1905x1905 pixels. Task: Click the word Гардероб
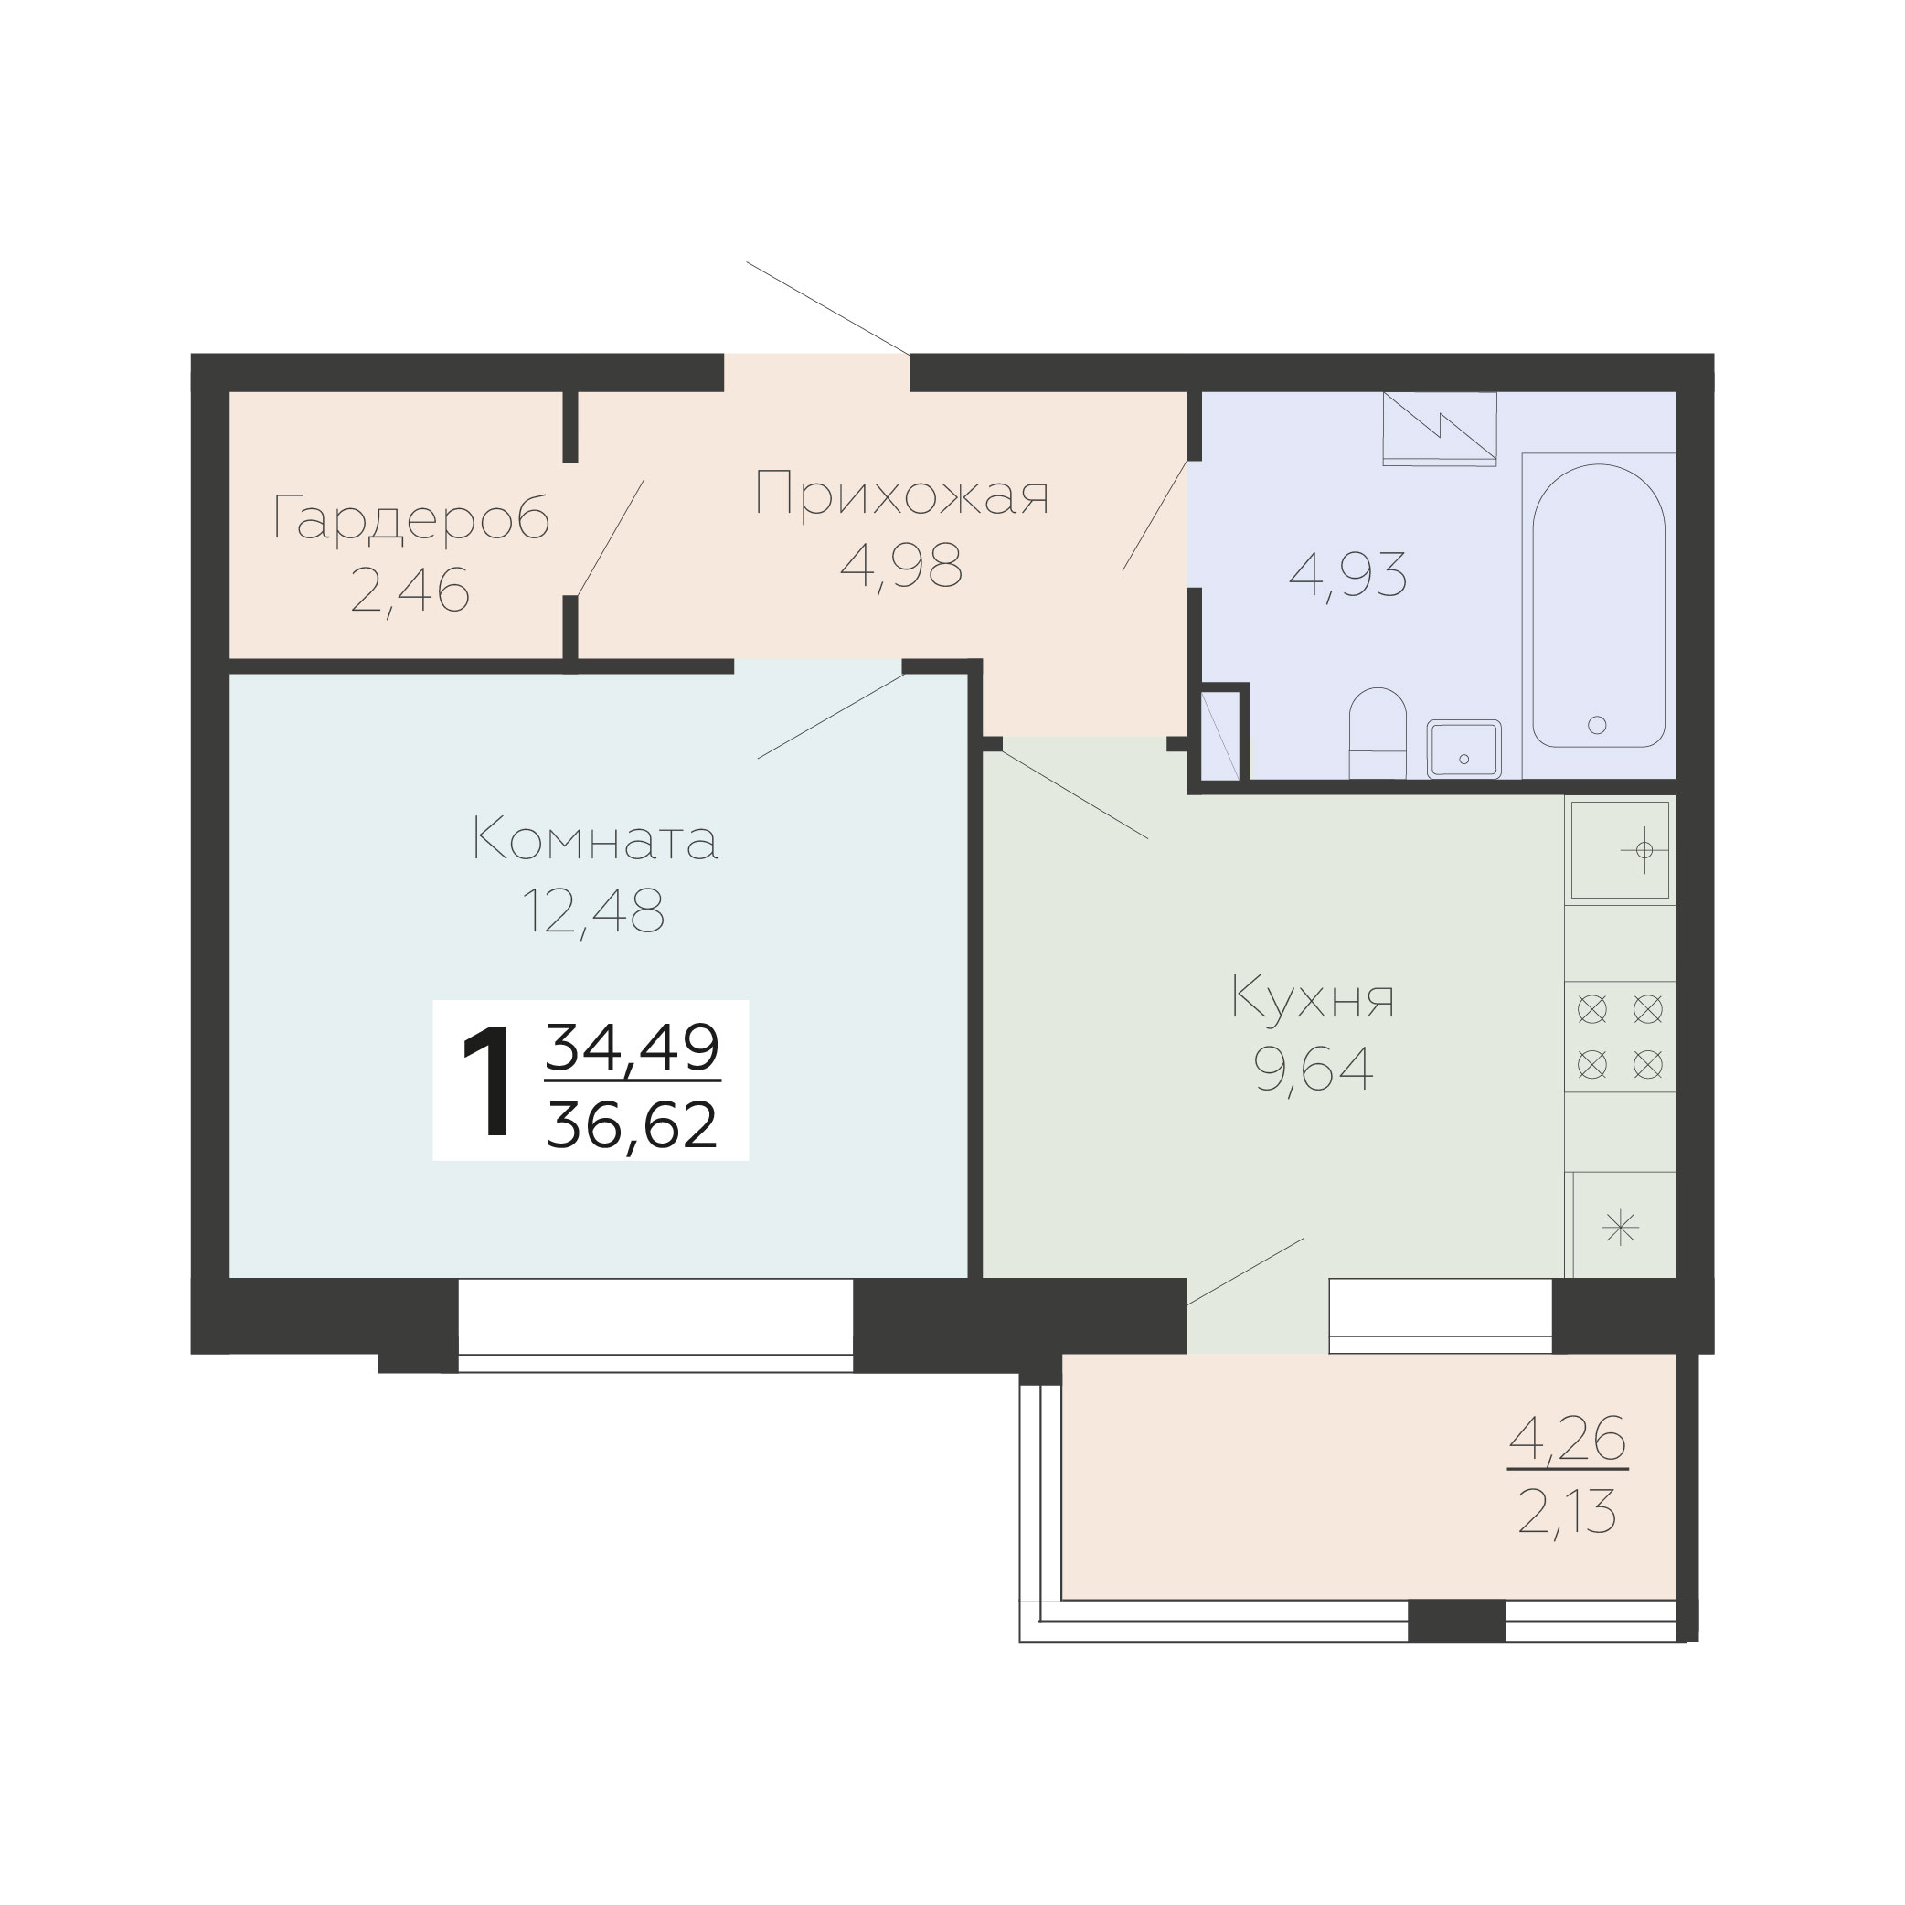[x=411, y=519]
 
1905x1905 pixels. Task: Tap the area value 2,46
[x=410, y=591]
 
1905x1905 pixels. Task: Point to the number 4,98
[x=901, y=566]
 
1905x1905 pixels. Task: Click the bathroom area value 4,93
[x=1348, y=576]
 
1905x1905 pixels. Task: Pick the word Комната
[x=596, y=839]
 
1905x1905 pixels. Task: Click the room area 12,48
[x=593, y=911]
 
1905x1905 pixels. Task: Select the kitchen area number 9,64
[x=1314, y=1070]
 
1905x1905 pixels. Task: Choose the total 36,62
[x=632, y=1125]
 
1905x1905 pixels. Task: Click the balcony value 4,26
[x=1568, y=1439]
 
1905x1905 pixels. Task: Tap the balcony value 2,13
[x=1568, y=1514]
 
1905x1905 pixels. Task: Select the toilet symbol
[x=1378, y=732]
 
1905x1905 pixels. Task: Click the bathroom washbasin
[x=1464, y=750]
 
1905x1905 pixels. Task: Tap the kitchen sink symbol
[x=1620, y=850]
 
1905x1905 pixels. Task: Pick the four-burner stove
[x=1620, y=1037]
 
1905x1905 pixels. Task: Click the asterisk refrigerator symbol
[x=1621, y=1228]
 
